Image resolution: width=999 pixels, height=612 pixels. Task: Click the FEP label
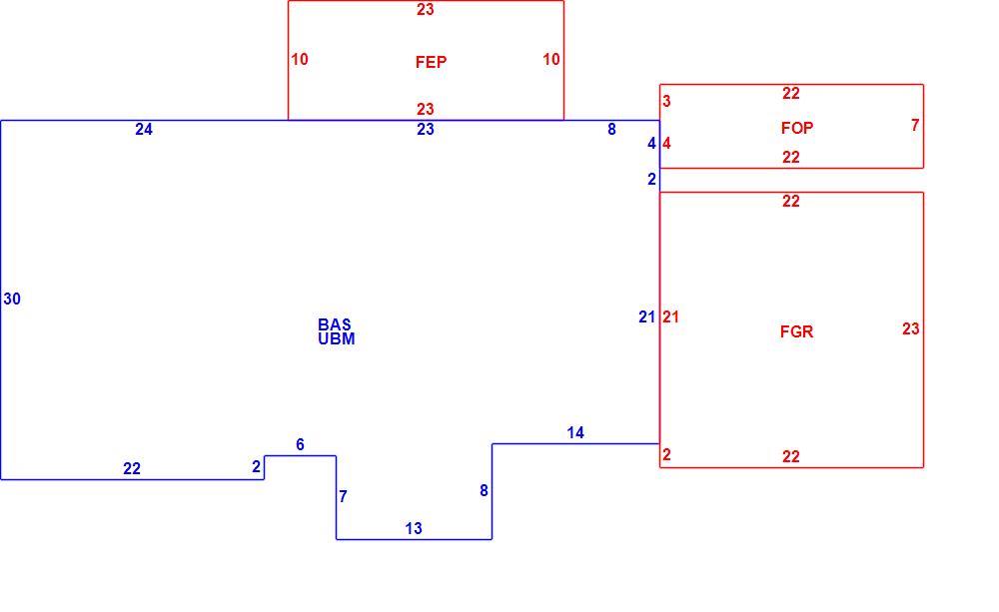pos(431,62)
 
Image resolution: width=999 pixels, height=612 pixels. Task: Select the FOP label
pos(797,128)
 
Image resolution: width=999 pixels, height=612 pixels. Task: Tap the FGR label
pos(796,331)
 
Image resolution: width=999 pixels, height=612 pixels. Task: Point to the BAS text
pos(335,324)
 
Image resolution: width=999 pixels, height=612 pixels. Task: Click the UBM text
pos(337,338)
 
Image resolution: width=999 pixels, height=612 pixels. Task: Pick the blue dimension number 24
pos(144,129)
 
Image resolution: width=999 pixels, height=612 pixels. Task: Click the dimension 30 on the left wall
pos(12,299)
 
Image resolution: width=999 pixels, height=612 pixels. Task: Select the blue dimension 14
pos(575,433)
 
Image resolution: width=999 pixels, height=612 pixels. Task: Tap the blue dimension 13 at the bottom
pos(414,528)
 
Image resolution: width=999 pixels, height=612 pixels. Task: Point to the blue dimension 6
pos(300,444)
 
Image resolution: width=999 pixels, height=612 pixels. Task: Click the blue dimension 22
pos(132,468)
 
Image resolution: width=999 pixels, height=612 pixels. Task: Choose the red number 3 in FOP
pos(666,101)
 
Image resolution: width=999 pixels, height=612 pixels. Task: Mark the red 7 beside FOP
pos(915,126)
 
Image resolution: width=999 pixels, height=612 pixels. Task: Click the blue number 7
pos(343,496)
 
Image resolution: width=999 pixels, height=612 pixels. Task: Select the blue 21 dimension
pos(647,316)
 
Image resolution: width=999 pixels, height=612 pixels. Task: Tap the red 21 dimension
pos(671,316)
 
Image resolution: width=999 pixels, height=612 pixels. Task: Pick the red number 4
pos(666,144)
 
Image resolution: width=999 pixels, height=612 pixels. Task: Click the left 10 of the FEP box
pos(300,59)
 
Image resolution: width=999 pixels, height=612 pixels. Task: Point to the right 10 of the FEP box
pos(551,59)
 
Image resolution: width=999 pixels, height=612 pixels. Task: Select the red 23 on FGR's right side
pos(911,328)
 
